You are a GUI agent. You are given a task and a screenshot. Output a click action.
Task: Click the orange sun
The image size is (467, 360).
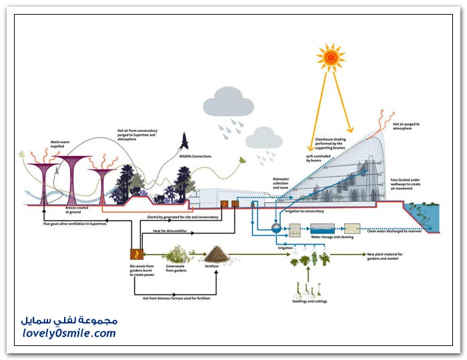(x=330, y=59)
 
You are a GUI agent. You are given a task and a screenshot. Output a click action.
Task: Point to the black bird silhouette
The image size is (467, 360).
(x=185, y=141)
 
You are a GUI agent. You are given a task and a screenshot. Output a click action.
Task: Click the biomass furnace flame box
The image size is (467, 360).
(x=137, y=254)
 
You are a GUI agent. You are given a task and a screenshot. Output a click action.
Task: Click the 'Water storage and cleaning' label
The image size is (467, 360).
(x=332, y=236)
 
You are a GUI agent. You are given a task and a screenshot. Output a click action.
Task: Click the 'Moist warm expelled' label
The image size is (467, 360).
(x=61, y=143)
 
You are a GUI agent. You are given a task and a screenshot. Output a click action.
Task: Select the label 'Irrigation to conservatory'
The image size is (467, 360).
(x=305, y=211)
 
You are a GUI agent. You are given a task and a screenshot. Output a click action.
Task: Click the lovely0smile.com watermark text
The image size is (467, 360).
(x=68, y=333)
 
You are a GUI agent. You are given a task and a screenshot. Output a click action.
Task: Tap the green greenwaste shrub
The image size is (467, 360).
(x=174, y=253)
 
